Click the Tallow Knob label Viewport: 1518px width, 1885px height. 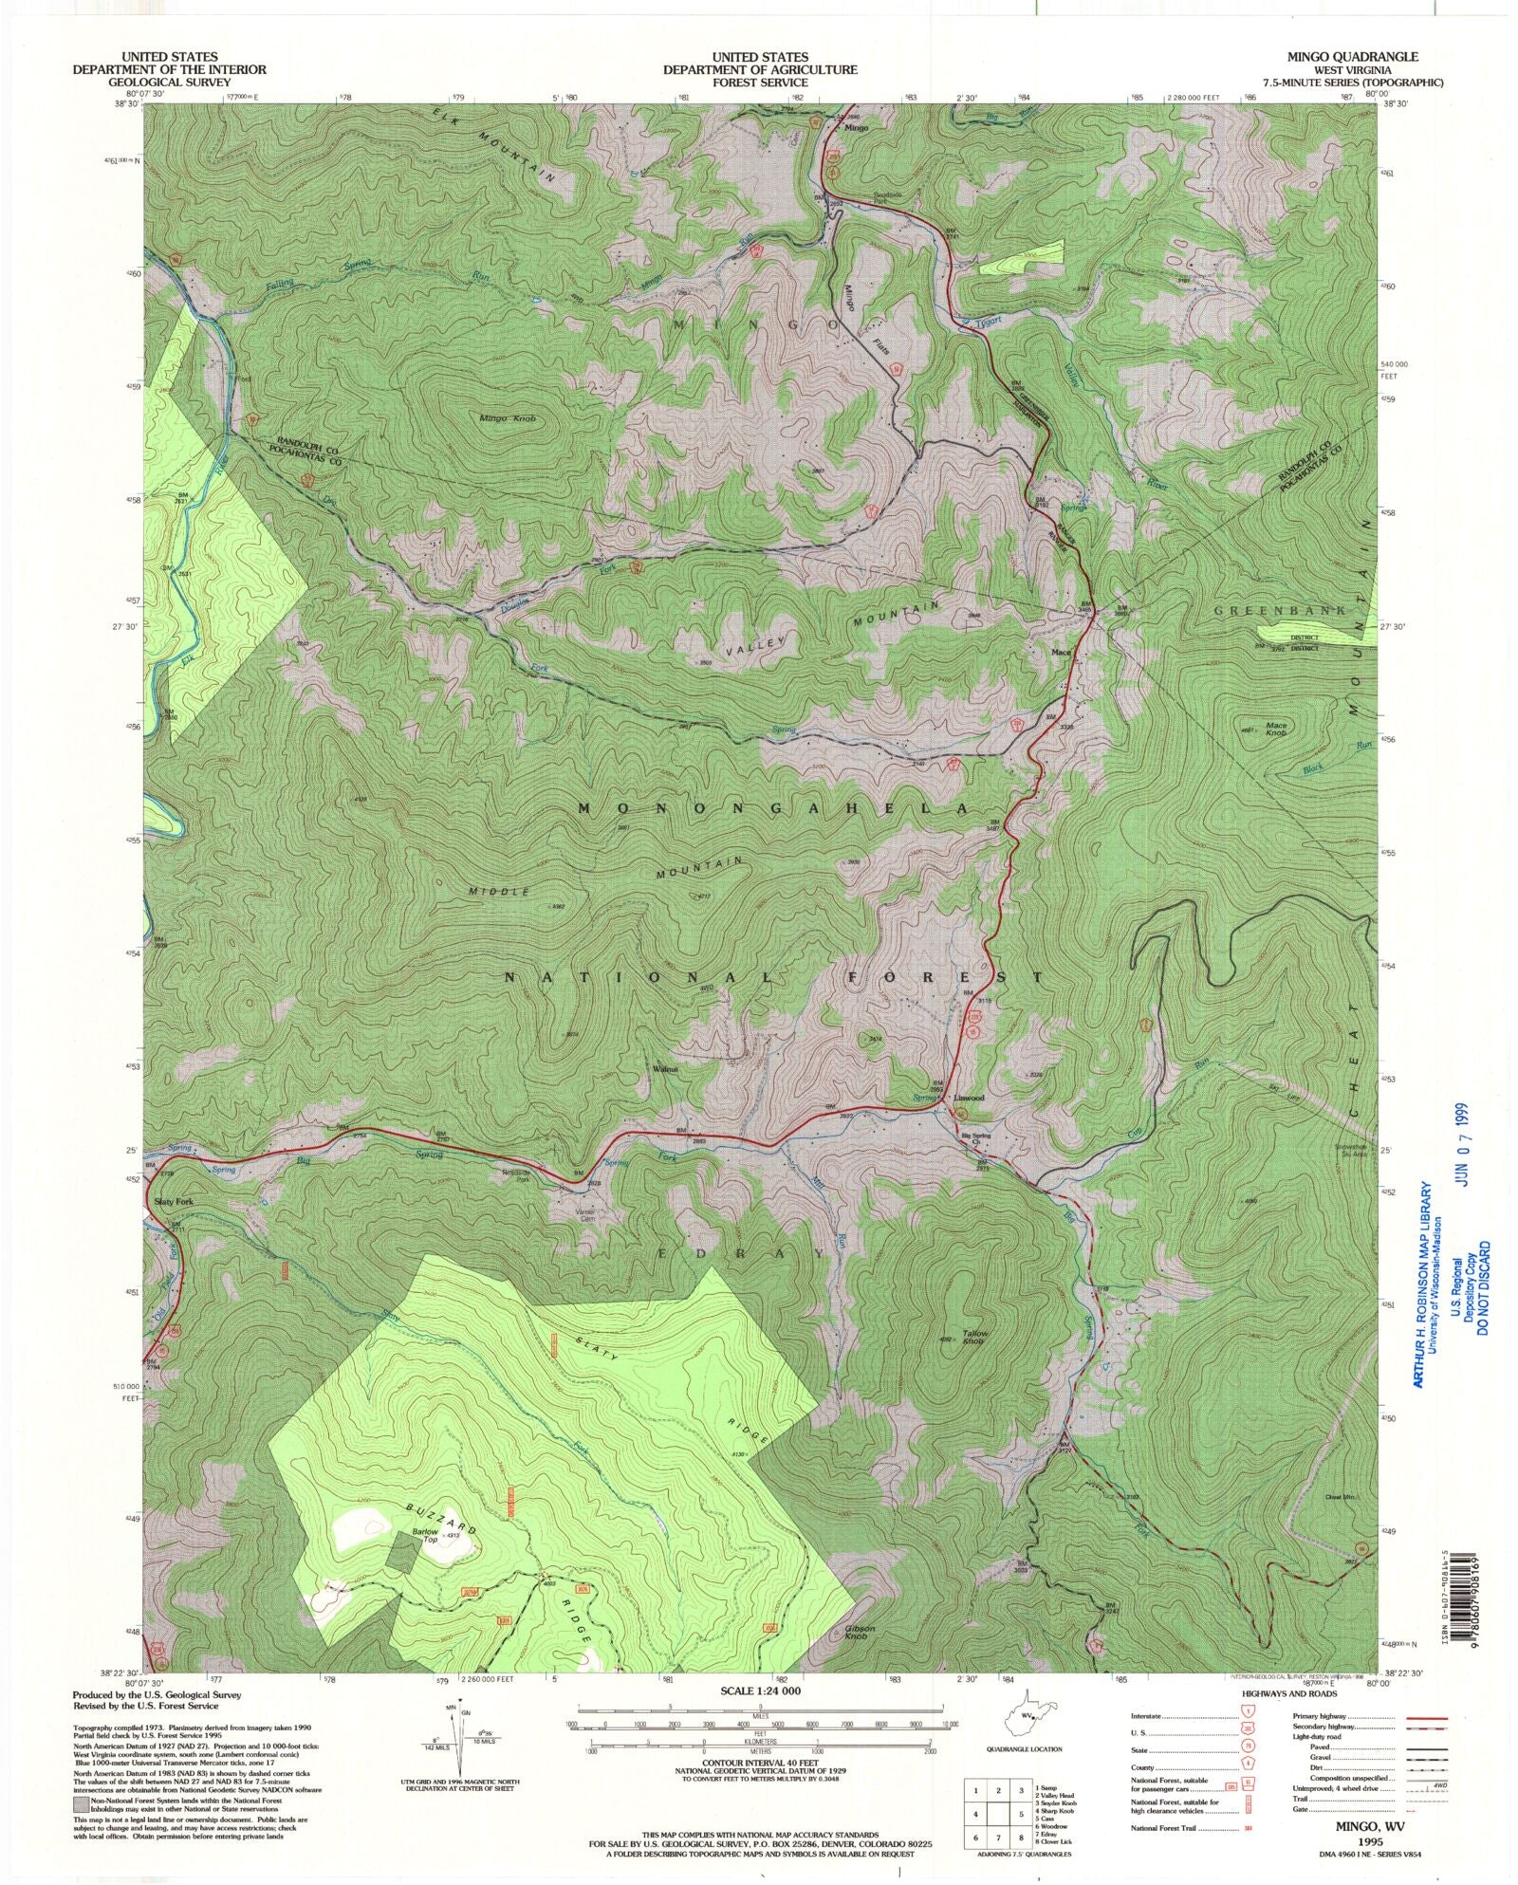pos(973,1337)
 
